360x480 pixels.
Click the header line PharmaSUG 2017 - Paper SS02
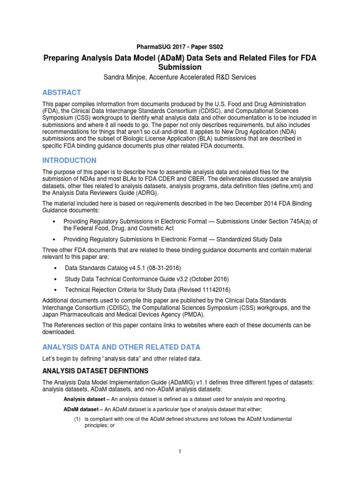180,47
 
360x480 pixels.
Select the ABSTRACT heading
62,92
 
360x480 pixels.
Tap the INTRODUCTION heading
69,160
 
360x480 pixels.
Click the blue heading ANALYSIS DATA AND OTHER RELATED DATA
121,347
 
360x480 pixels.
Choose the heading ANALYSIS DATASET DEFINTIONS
96,371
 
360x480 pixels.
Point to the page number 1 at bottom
180,451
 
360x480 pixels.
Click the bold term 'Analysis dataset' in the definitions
83,399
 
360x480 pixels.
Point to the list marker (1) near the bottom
78,419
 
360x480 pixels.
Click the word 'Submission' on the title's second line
180,67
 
